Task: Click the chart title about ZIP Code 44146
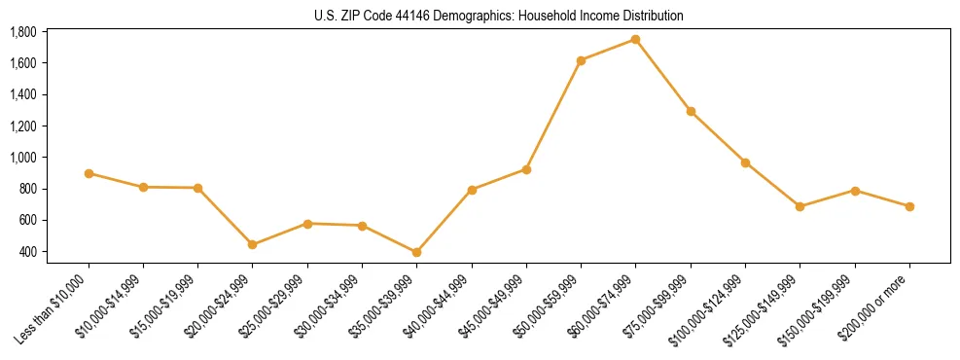coord(499,17)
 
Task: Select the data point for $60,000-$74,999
coord(635,39)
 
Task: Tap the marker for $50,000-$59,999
coord(581,60)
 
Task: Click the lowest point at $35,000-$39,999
coord(416,252)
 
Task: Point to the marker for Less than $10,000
coord(89,173)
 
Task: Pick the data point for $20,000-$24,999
coord(253,244)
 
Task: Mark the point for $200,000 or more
coord(909,206)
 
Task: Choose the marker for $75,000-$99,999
coord(691,111)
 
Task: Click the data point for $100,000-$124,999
coord(745,162)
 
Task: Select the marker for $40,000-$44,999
coord(472,190)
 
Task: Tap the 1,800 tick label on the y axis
coord(23,32)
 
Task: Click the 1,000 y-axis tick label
coord(23,158)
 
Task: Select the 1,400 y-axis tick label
coord(23,94)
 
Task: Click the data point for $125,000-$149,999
coord(800,206)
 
